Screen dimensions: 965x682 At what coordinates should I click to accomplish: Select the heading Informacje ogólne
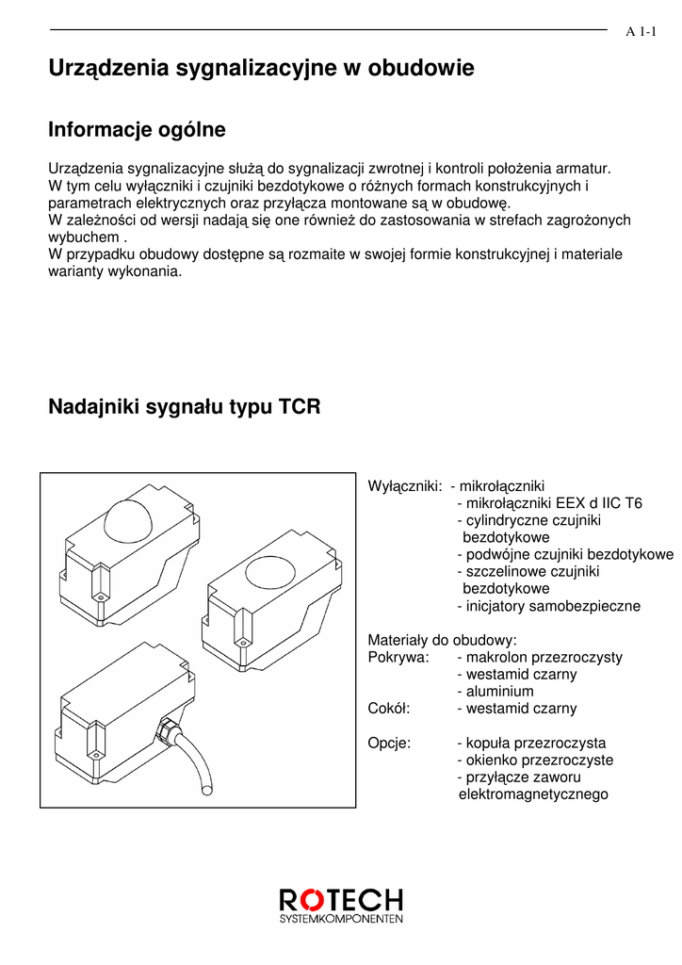(x=137, y=129)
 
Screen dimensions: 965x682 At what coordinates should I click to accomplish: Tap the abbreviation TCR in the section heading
(x=300, y=408)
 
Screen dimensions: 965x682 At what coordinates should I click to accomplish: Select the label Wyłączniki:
(x=405, y=486)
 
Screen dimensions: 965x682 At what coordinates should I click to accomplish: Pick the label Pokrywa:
(x=398, y=657)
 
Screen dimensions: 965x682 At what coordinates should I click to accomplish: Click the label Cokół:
(x=391, y=709)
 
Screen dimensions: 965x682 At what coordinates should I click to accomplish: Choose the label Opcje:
(x=389, y=743)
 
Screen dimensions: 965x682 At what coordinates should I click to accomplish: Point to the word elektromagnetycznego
(x=533, y=794)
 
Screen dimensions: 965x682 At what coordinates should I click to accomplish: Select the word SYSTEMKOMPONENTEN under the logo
(x=342, y=918)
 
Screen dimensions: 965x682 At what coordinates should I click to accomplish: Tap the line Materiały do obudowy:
(x=442, y=640)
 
